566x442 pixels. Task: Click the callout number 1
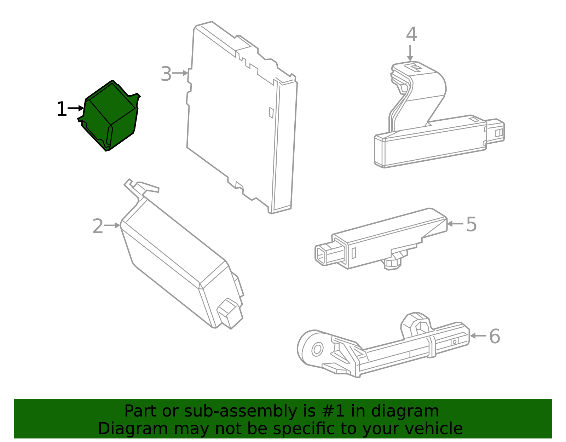click(62, 109)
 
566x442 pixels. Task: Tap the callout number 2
click(98, 226)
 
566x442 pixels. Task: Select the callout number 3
click(166, 74)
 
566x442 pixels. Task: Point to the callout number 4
click(411, 35)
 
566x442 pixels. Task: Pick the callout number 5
click(471, 224)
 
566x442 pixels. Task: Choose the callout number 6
click(494, 337)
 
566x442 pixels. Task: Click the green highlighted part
click(110, 115)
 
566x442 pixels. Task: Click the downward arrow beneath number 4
click(410, 53)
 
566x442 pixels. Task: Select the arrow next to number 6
click(478, 336)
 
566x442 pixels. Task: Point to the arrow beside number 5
click(455, 224)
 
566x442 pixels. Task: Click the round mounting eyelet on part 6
click(317, 349)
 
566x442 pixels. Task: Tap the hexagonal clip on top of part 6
click(417, 324)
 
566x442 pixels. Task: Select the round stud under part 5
click(392, 264)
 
